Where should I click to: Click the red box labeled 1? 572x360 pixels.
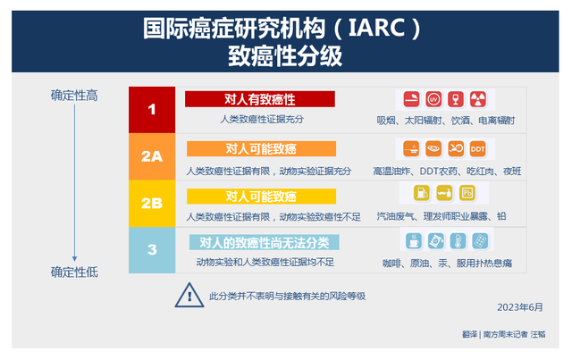pyautogui.click(x=152, y=110)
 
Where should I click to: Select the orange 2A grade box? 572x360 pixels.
pyautogui.click(x=152, y=156)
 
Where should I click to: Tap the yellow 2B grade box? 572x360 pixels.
pyautogui.click(x=152, y=203)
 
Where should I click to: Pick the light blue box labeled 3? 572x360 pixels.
pyautogui.click(x=152, y=250)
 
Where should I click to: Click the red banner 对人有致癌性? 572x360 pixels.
pyautogui.click(x=260, y=99)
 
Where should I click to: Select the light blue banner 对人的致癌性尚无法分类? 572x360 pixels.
pyautogui.click(x=265, y=243)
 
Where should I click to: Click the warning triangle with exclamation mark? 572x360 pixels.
pyautogui.click(x=189, y=295)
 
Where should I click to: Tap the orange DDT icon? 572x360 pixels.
pyautogui.click(x=477, y=149)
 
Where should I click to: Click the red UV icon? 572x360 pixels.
pyautogui.click(x=433, y=99)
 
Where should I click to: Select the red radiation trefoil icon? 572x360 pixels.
pyautogui.click(x=478, y=99)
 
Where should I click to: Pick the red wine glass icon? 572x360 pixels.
pyautogui.click(x=456, y=99)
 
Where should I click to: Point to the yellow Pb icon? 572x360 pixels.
pyautogui.click(x=467, y=193)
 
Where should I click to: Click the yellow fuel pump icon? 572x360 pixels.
pyautogui.click(x=422, y=193)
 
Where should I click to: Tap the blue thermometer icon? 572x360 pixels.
pyautogui.click(x=458, y=240)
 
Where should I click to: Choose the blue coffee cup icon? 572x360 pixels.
pyautogui.click(x=414, y=240)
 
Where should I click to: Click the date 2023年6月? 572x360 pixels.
pyautogui.click(x=520, y=307)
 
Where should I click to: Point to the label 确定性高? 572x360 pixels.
pyautogui.click(x=74, y=96)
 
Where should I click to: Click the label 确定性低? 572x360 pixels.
pyautogui.click(x=74, y=272)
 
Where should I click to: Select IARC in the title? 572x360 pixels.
pyautogui.click(x=376, y=28)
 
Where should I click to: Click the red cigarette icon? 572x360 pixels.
pyautogui.click(x=411, y=99)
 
